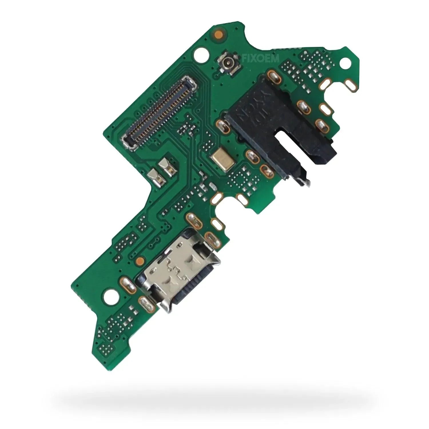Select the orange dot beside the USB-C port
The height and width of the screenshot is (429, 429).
pos(140,260)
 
